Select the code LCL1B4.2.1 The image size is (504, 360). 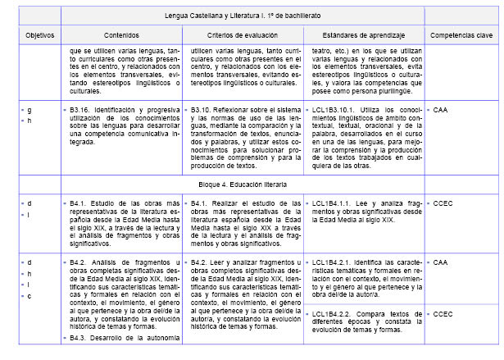pyautogui.click(x=329, y=262)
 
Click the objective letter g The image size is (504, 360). pyautogui.click(x=30, y=109)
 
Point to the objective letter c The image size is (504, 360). pyautogui.click(x=30, y=296)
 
